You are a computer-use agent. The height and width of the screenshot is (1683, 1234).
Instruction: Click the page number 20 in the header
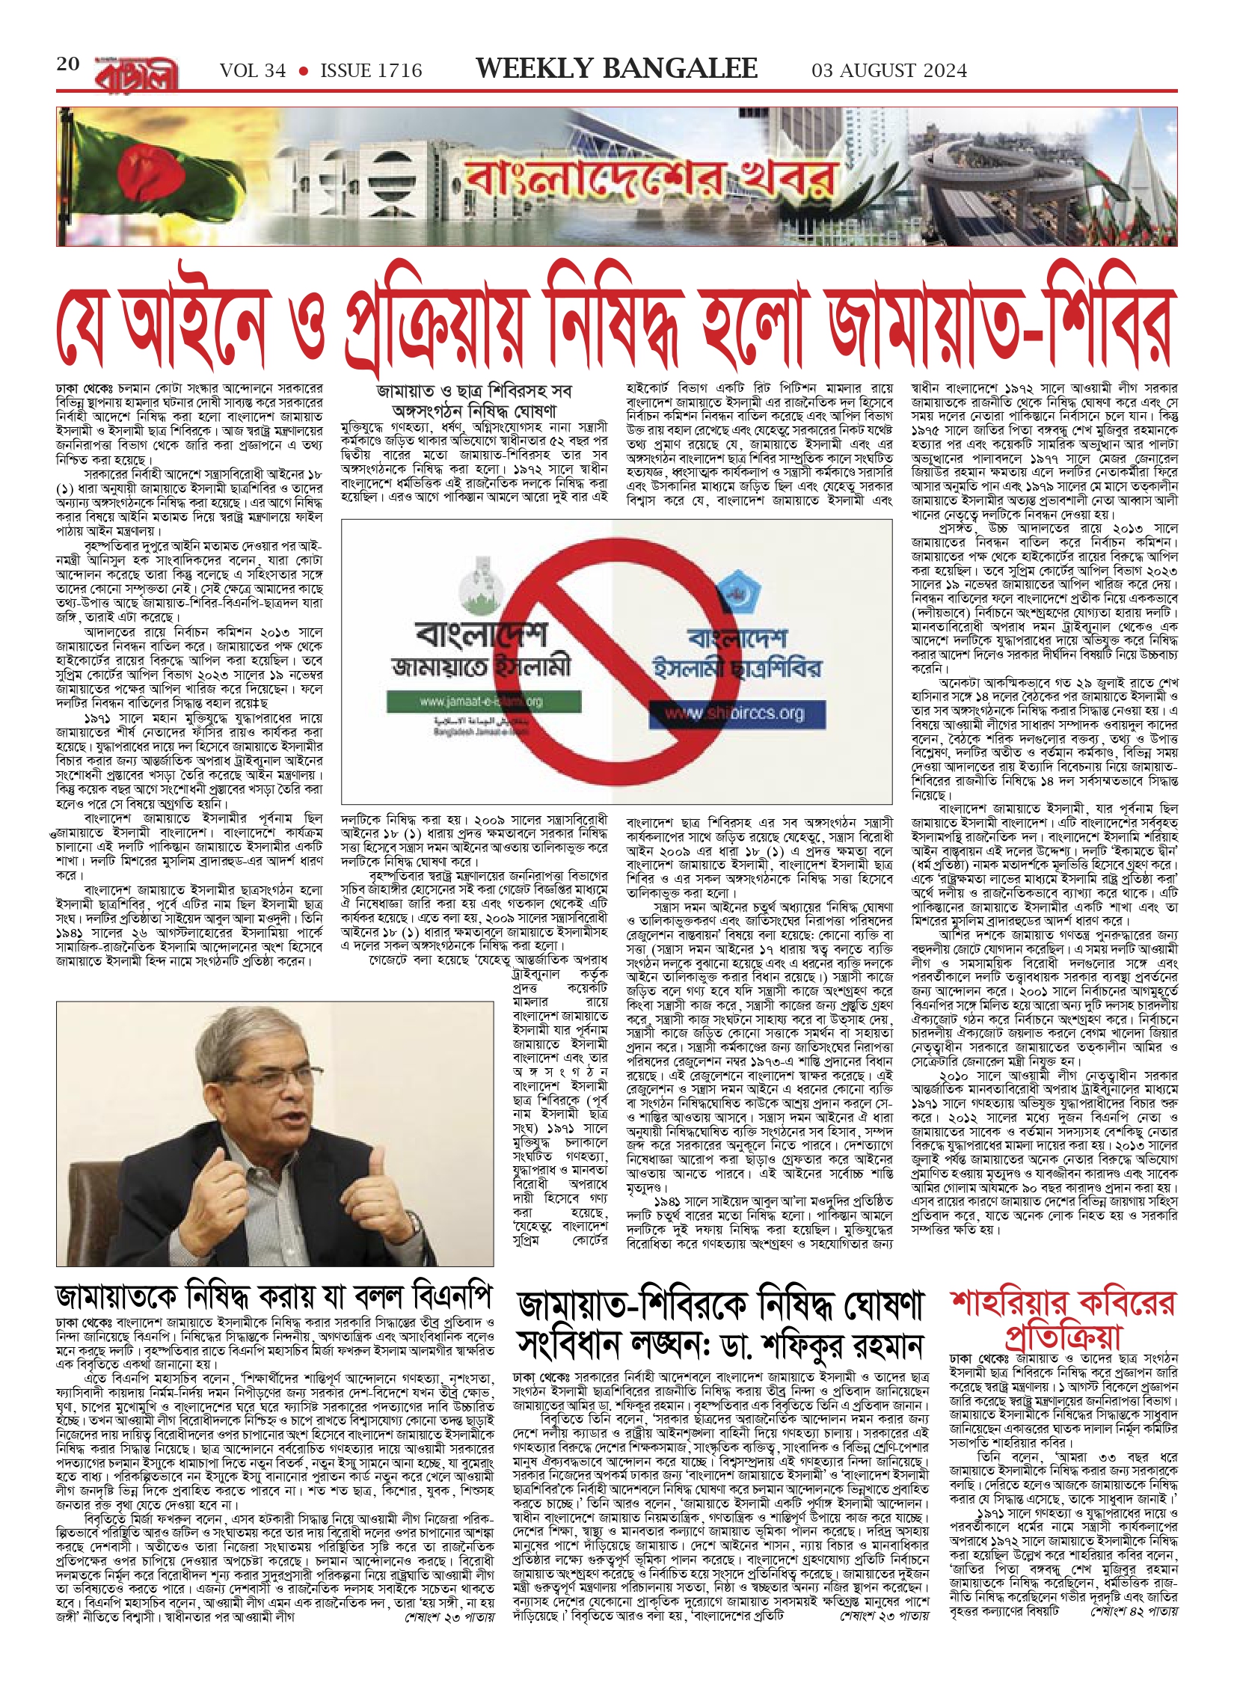click(68, 64)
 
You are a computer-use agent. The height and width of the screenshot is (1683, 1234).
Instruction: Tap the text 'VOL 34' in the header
click(253, 71)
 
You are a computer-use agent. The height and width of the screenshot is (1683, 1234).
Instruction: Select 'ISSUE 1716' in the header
click(371, 71)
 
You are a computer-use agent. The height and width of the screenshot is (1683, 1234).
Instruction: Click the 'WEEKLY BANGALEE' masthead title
click(616, 69)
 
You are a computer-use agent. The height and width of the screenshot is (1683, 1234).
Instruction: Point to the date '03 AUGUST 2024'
click(889, 71)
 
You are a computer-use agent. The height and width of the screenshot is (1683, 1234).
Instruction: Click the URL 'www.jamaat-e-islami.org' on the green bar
click(481, 702)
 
